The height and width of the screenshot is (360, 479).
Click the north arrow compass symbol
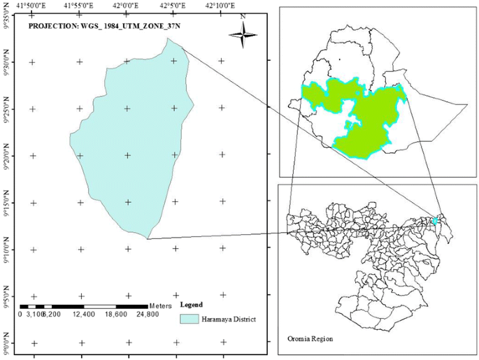[243, 34]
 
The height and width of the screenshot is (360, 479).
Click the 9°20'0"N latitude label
[6, 154]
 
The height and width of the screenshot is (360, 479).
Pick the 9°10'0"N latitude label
[6, 249]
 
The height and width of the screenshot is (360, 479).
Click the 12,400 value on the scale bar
[84, 315]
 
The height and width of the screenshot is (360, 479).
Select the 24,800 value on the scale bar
[148, 315]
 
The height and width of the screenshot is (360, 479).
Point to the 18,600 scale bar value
[116, 315]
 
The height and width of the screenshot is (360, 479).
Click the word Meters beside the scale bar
[162, 306]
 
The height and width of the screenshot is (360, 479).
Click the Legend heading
[191, 305]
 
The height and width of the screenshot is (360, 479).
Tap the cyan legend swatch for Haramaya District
[190, 319]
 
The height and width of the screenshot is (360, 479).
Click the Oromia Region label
[310, 338]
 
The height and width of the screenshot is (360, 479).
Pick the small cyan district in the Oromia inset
[435, 221]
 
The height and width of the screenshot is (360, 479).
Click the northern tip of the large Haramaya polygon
[169, 39]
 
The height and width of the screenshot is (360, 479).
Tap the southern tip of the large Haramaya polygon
[148, 238]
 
